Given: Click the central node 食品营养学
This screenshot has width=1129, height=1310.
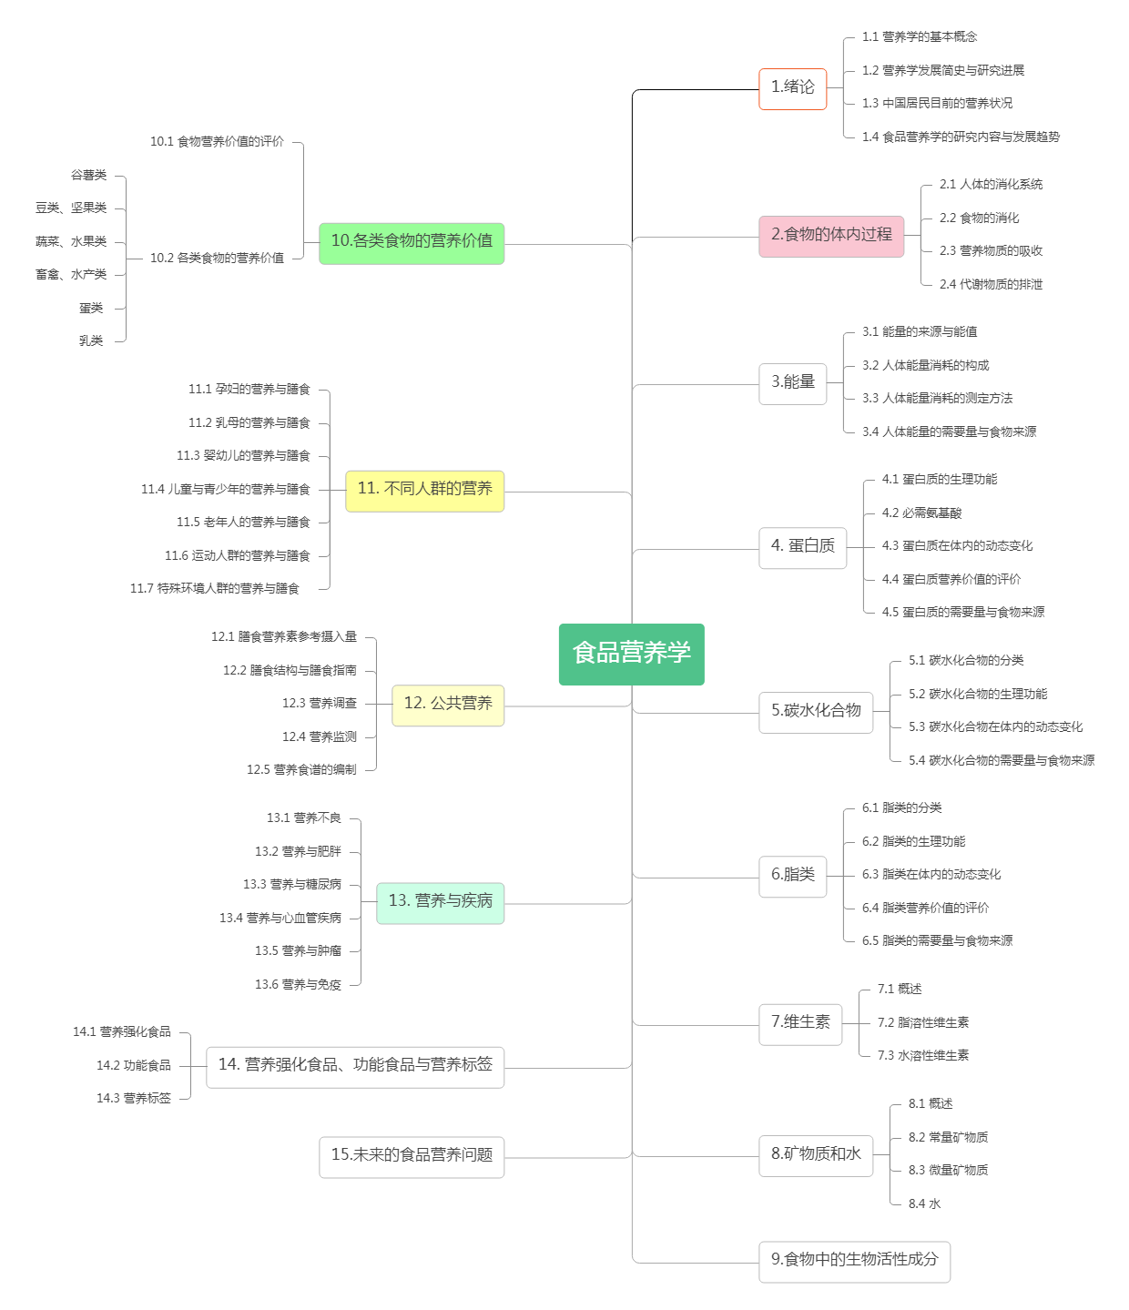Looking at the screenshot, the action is click(x=631, y=654).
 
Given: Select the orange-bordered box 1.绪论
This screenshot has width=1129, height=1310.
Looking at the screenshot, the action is click(x=792, y=88).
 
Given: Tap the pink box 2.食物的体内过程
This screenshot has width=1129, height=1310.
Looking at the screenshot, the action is click(x=830, y=236).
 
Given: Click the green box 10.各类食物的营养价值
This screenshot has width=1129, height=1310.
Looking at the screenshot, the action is click(x=411, y=242).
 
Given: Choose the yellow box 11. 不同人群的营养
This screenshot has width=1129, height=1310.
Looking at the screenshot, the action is click(x=424, y=490).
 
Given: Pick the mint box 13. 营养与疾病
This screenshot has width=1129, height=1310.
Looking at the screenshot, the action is click(x=440, y=902).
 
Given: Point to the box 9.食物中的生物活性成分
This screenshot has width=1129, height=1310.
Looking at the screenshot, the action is click(x=854, y=1261).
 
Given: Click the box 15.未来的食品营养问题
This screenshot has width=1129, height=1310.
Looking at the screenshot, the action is click(x=411, y=1156).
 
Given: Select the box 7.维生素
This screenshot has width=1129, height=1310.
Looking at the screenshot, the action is click(x=800, y=1023).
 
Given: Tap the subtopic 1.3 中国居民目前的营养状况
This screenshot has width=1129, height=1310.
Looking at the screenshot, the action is click(x=937, y=104).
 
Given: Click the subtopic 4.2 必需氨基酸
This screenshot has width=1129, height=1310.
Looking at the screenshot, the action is click(x=921, y=513).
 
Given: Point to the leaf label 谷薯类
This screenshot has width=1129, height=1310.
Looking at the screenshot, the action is click(x=89, y=175).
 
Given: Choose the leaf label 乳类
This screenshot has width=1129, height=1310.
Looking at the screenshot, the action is click(x=91, y=341).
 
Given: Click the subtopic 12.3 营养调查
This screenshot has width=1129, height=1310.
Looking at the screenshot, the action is click(x=320, y=704).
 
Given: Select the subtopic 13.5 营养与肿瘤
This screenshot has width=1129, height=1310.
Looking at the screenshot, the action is click(x=298, y=951).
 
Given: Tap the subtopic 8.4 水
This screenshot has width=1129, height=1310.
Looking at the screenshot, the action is click(x=924, y=1204).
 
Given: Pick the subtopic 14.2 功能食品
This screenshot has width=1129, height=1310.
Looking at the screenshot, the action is click(x=134, y=1066).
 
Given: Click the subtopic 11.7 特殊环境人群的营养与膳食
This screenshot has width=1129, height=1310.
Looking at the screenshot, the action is click(x=215, y=589).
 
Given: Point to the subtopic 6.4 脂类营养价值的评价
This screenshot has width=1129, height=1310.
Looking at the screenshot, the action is click(x=925, y=909).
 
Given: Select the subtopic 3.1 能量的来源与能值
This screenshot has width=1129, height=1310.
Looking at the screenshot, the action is click(x=920, y=332).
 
